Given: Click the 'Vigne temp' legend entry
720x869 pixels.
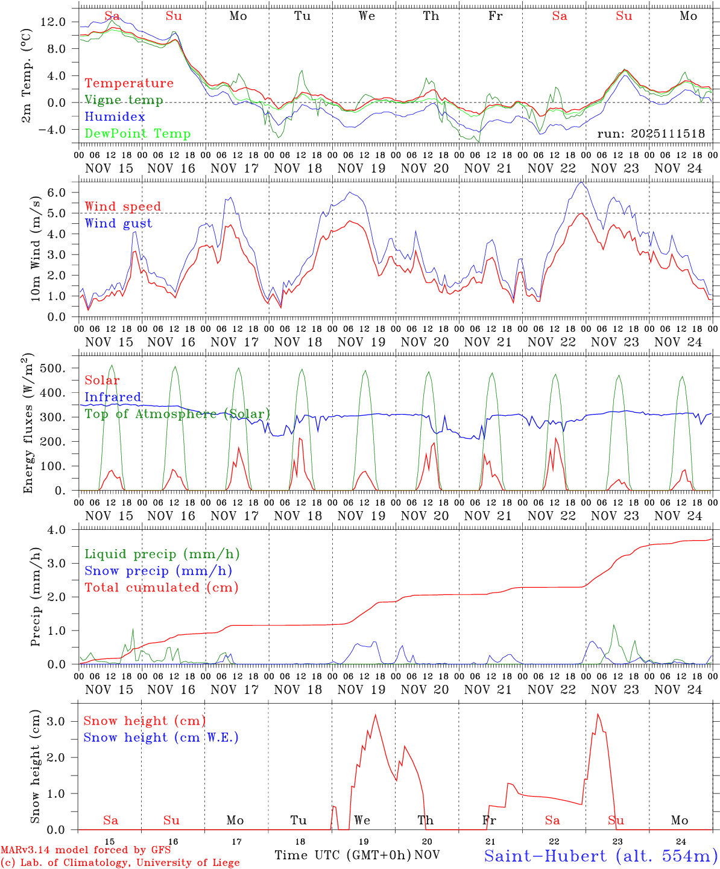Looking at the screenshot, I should coord(124,100).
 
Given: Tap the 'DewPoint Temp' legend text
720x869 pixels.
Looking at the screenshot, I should coord(137,134).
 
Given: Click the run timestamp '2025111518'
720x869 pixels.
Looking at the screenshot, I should coord(651,134).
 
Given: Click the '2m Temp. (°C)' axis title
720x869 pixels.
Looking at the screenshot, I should coord(27,76).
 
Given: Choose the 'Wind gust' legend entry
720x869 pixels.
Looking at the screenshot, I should coord(118,223).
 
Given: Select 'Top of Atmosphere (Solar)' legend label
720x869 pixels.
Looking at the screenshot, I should coord(177,414).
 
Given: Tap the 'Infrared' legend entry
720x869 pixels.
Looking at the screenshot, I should coord(113,397).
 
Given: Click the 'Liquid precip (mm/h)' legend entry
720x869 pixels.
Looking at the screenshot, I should coord(162,554).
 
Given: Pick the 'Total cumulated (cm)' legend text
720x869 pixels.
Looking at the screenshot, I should coord(162,587).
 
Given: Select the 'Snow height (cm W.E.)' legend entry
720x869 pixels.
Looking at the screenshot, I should coord(161,737).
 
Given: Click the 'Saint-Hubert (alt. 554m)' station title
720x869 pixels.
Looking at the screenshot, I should coord(601,855).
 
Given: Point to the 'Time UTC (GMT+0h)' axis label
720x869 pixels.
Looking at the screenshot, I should coord(343,855).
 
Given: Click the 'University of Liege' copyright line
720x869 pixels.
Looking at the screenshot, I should coord(120,862).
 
